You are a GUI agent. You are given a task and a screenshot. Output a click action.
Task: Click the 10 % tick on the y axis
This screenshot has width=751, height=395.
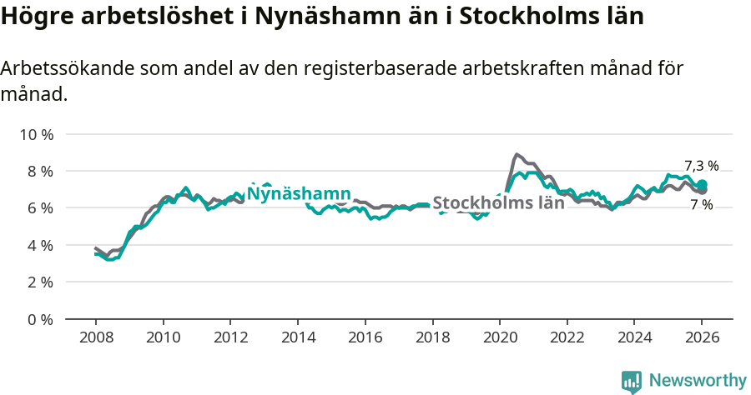click(36, 134)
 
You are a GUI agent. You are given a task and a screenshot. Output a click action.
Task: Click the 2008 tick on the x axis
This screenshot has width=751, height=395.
click(95, 337)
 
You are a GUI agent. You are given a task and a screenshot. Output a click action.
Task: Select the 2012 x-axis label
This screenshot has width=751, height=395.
click(230, 337)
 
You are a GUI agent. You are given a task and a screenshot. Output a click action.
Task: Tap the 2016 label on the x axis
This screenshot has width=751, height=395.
click(365, 337)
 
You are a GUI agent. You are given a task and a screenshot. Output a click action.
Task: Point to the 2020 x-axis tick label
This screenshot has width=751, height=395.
click(499, 337)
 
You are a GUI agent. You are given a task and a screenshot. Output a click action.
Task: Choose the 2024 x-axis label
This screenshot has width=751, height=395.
click(633, 337)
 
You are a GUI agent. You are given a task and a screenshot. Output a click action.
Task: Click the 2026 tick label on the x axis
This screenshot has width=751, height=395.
click(701, 337)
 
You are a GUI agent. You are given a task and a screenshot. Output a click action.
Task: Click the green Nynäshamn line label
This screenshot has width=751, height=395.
click(299, 193)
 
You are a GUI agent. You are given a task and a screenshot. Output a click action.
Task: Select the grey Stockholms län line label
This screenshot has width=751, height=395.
click(498, 202)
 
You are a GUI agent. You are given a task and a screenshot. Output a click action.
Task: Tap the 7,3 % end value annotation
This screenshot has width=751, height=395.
click(701, 165)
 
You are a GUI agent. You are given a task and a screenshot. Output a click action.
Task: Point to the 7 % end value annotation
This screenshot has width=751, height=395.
click(701, 205)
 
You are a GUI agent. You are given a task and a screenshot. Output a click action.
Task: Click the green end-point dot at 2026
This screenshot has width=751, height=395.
click(702, 184)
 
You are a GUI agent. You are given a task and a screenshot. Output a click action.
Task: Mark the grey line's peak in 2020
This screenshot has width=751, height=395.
click(517, 154)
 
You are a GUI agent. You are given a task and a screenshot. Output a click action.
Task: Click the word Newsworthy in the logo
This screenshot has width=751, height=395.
click(698, 381)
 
